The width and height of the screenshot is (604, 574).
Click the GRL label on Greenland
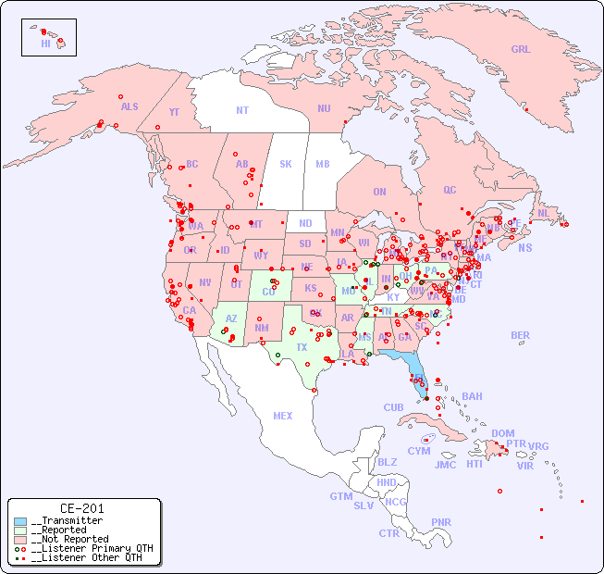pyautogui.click(x=521, y=50)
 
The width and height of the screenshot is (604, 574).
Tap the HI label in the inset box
pyautogui.click(x=45, y=44)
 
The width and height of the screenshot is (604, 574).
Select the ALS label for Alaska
pyautogui.click(x=129, y=107)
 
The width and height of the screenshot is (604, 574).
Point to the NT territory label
pyautogui.click(x=242, y=110)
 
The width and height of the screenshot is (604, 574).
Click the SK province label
pyautogui.click(x=286, y=165)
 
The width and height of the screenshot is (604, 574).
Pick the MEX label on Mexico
pyautogui.click(x=283, y=417)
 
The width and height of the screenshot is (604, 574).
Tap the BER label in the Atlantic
pyautogui.click(x=520, y=336)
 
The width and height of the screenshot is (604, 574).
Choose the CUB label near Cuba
pyautogui.click(x=393, y=408)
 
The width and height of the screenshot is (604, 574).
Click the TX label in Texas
pyautogui.click(x=302, y=348)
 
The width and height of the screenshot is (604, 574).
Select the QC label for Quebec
pyautogui.click(x=450, y=191)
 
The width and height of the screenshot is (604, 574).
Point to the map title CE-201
pyautogui.click(x=81, y=509)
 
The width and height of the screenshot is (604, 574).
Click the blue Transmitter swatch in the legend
pyautogui.click(x=20, y=521)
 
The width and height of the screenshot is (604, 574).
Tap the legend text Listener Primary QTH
pyautogui.click(x=91, y=548)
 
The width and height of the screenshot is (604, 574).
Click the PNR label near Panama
pyautogui.click(x=441, y=522)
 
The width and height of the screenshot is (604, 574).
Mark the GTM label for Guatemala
pyautogui.click(x=340, y=497)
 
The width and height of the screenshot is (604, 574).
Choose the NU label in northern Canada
pyautogui.click(x=324, y=109)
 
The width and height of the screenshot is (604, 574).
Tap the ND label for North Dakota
pyautogui.click(x=305, y=224)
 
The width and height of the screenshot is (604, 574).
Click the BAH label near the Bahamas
pyautogui.click(x=472, y=397)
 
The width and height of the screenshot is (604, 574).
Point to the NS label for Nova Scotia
pyautogui.click(x=525, y=248)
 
